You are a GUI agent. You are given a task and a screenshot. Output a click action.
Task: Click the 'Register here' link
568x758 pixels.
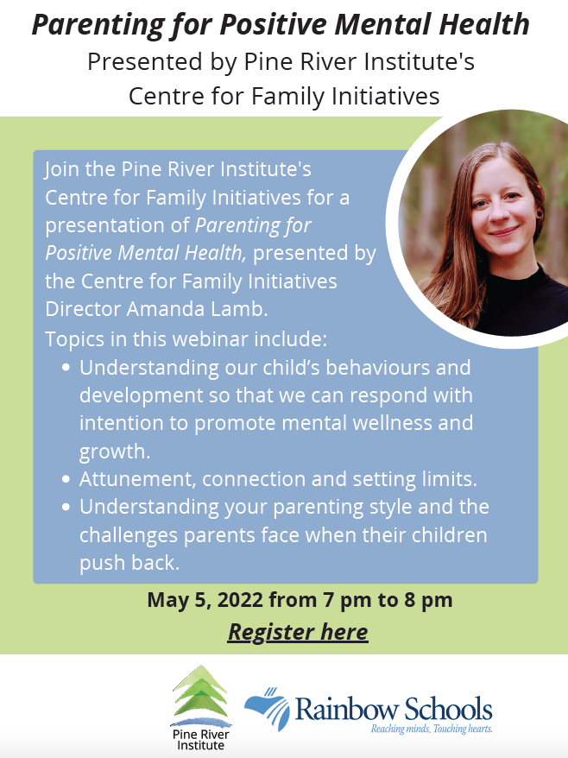298,632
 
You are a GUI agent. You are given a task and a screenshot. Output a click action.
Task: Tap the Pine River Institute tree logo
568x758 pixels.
200,695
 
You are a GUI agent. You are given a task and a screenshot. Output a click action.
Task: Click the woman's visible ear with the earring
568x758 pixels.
540,208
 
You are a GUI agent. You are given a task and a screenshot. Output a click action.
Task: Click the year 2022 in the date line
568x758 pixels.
240,600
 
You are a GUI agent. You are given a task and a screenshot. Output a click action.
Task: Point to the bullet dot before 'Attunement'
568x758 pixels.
66,479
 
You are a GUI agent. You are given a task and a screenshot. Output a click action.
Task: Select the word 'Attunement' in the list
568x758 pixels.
137,479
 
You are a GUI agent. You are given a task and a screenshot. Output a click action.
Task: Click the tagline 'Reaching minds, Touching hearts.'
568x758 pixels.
432,729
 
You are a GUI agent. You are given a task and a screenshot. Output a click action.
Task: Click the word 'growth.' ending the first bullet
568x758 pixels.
115,452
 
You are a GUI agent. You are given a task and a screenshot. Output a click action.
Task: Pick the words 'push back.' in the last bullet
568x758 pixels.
129,563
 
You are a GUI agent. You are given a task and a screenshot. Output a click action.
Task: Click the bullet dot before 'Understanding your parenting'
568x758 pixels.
66,508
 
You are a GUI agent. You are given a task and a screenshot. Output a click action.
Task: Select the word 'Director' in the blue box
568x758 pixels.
83,309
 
